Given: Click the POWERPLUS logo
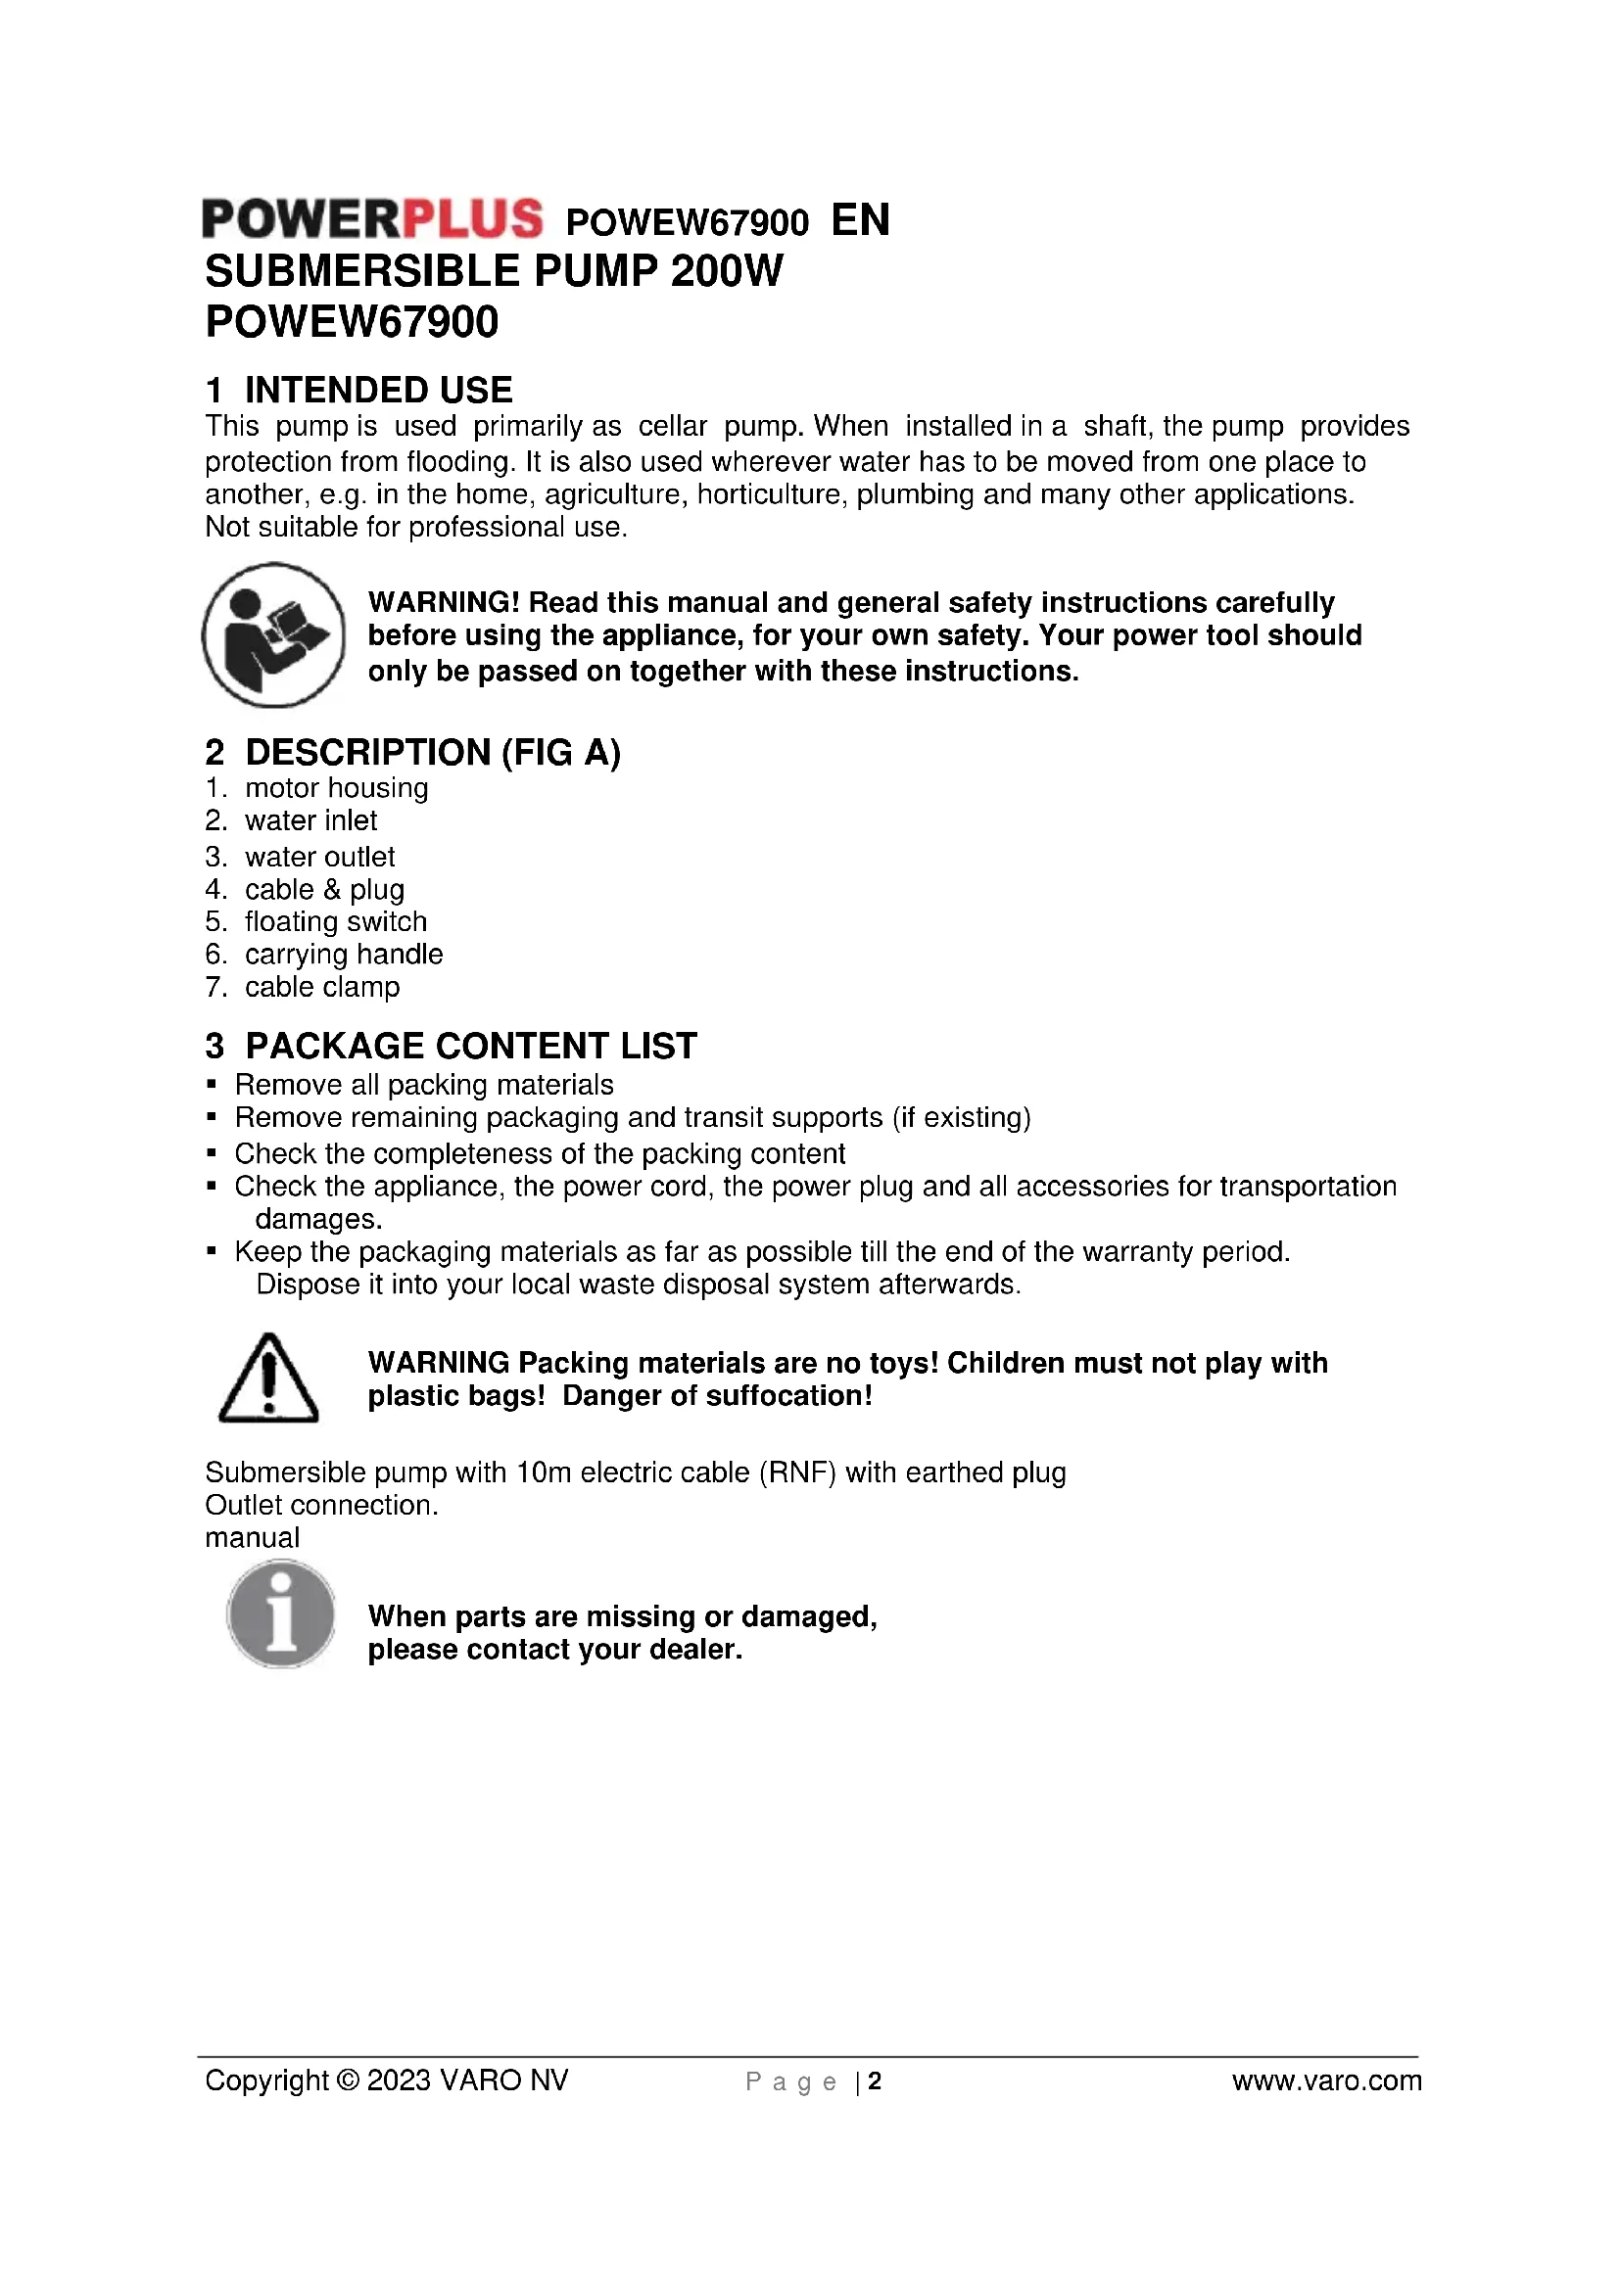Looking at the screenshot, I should (x=372, y=219).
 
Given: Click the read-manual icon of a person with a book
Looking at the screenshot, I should (x=273, y=635).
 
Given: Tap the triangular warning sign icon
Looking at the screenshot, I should (x=267, y=1379).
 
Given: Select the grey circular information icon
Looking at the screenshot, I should (x=280, y=1612).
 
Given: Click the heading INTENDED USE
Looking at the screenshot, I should (x=378, y=389).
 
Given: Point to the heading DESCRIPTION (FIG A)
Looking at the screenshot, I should (x=432, y=752).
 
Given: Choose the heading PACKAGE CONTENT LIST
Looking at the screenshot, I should (x=470, y=1046).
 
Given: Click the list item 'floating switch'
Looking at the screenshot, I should (x=335, y=921).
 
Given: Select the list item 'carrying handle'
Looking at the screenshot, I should (x=343, y=955).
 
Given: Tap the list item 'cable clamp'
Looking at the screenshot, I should (x=322, y=988).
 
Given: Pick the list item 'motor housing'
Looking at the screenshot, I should (x=336, y=788).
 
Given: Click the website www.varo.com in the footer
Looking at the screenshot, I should (x=1326, y=2080).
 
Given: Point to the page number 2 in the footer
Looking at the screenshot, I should (x=875, y=2080).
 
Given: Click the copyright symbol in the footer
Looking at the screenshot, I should (x=348, y=2080).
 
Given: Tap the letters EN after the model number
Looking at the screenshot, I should (x=860, y=220).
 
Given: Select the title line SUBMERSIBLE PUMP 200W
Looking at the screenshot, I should (x=494, y=271).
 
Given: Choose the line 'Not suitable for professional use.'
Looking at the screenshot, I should (x=416, y=528).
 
